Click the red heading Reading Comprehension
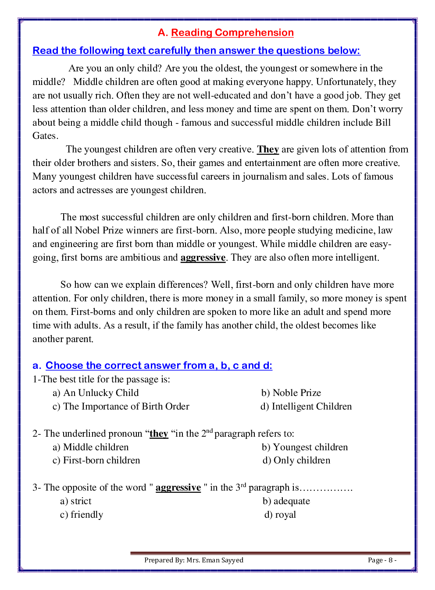232,33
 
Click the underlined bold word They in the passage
268,149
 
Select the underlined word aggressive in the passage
203,258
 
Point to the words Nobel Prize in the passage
99,230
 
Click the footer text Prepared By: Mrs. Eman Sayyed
193,560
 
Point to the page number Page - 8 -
382,560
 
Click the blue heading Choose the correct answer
159,366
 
